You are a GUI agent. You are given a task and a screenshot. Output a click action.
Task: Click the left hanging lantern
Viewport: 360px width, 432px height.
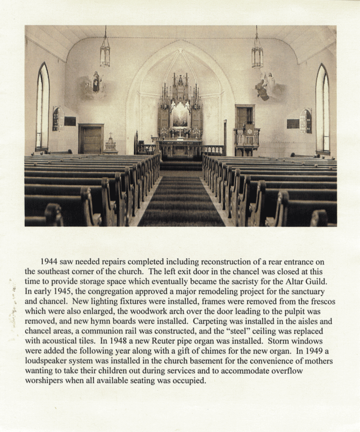tap(105, 53)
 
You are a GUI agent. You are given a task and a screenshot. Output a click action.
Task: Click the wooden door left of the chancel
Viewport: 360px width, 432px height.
tap(91, 139)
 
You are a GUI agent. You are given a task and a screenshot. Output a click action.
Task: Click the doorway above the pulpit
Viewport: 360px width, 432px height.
tap(245, 116)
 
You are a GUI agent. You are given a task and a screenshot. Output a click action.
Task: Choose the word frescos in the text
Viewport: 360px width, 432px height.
tap(321, 301)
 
